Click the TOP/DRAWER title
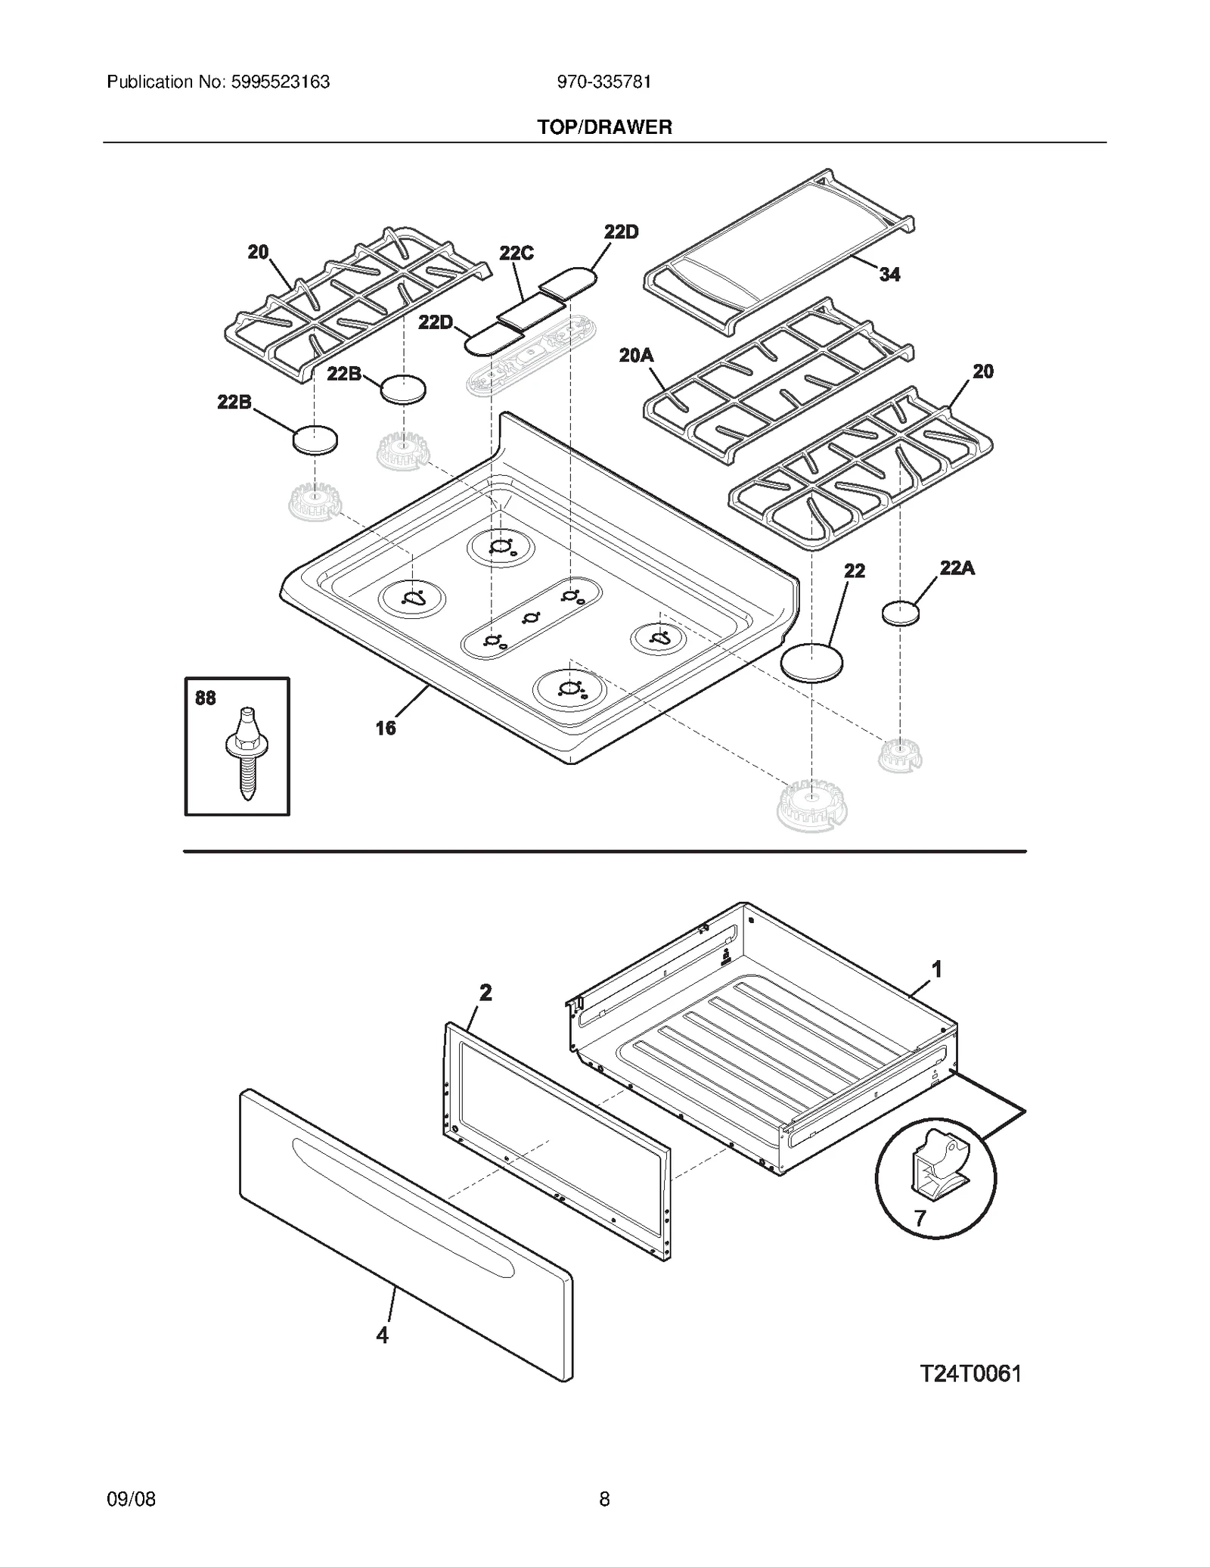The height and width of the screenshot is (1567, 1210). [x=604, y=127]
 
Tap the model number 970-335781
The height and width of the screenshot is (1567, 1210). [x=604, y=82]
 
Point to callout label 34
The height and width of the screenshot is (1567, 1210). [x=889, y=275]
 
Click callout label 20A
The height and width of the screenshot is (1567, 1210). [x=636, y=355]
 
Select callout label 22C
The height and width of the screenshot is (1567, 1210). [x=517, y=253]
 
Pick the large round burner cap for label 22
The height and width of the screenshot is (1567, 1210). [x=811, y=664]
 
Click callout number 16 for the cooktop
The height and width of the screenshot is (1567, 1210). [x=386, y=728]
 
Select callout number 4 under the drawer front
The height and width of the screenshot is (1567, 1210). [x=383, y=1335]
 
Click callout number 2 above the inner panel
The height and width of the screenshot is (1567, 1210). [x=486, y=992]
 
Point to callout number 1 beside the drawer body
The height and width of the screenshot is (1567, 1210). [x=936, y=968]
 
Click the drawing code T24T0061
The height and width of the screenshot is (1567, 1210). [x=970, y=1373]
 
